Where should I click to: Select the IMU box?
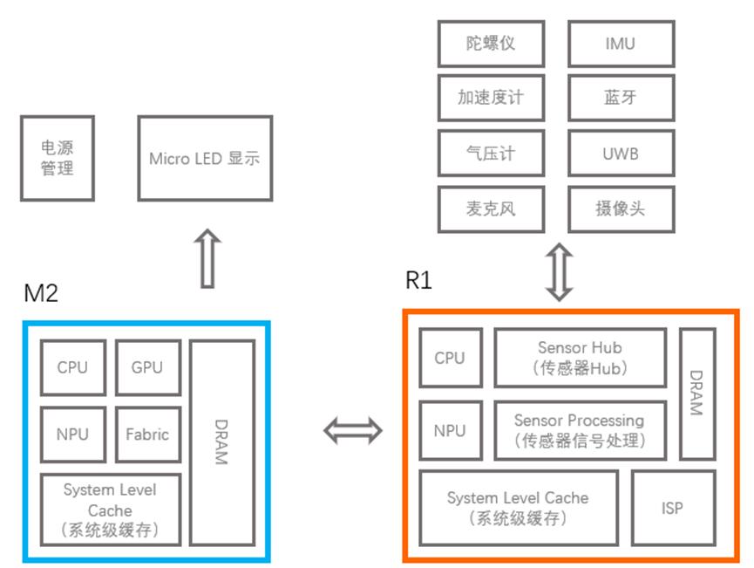(620, 44)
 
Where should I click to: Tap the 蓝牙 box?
(620, 98)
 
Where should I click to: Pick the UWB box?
(620, 154)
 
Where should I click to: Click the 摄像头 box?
(620, 209)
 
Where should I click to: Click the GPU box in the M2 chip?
(147, 367)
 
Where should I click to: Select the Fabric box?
(147, 434)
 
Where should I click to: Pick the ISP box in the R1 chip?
(672, 508)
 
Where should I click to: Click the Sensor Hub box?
(580, 358)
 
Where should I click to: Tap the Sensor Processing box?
(580, 430)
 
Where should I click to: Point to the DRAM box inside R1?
(696, 393)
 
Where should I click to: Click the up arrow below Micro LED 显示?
(207, 258)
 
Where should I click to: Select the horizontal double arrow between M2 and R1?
(353, 429)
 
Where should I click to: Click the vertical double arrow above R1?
(559, 271)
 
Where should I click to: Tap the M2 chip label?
(41, 294)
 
